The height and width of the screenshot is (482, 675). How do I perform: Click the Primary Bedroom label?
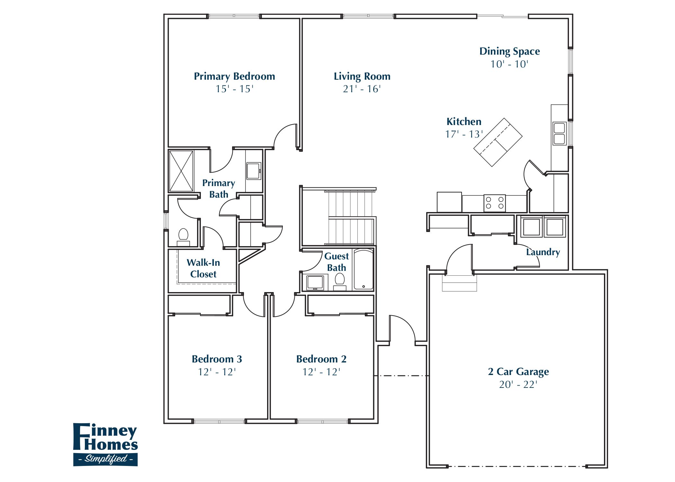coord(234,76)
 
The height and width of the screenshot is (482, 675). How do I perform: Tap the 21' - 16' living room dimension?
coord(362,89)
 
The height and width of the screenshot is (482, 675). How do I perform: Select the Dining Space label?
coord(509,51)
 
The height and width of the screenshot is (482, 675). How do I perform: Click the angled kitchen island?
coord(498,142)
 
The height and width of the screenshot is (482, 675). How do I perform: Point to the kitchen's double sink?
coord(559,134)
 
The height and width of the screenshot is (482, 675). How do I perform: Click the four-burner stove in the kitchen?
coord(494,203)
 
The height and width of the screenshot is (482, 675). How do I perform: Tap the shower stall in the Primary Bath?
coord(181,171)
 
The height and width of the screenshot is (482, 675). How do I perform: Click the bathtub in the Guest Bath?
coord(364,270)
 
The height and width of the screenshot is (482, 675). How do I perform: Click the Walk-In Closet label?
coord(203,268)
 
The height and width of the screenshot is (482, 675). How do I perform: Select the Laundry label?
coord(543,252)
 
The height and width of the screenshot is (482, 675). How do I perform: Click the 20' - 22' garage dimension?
coord(518,385)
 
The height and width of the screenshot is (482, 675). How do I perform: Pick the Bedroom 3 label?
coord(217,359)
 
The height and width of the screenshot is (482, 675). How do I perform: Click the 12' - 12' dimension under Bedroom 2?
coord(321,372)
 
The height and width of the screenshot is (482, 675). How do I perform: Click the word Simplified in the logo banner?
coord(106,459)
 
